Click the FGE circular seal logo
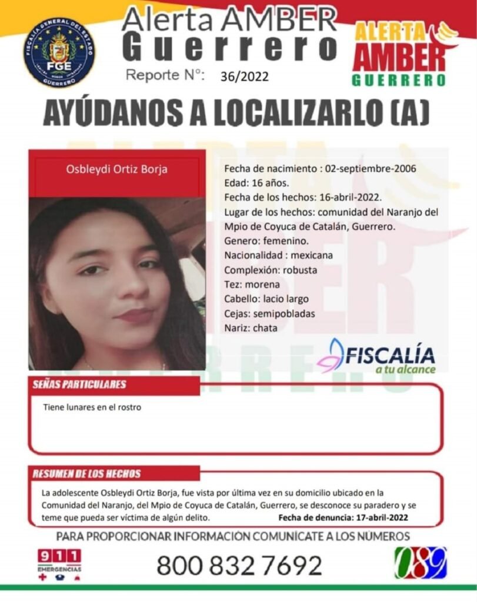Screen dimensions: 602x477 point(59,52)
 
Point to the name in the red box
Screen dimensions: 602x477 point(117,170)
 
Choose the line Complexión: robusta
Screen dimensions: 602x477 point(271,270)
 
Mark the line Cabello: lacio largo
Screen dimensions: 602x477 point(266,299)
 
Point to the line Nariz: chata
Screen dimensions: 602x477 point(251,327)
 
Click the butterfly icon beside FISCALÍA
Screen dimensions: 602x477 point(331,356)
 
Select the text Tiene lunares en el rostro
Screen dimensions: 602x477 point(92,406)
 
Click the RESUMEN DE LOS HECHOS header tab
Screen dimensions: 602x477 point(87,474)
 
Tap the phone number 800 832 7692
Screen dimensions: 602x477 point(239,566)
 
